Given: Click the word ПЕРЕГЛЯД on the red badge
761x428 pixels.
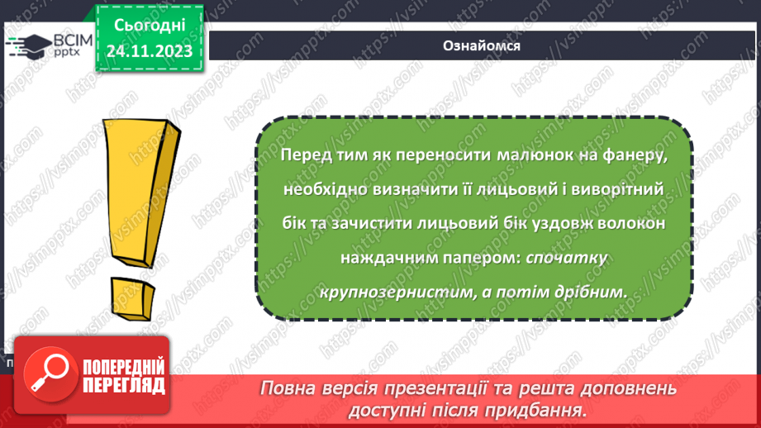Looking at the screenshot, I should click(x=124, y=385).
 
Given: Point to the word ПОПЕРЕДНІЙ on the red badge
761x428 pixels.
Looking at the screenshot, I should click(x=124, y=366).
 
